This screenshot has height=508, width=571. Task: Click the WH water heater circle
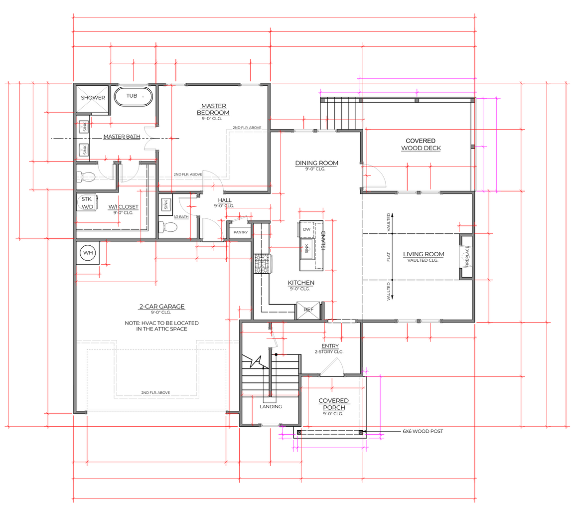88,253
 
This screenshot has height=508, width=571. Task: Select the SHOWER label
93,98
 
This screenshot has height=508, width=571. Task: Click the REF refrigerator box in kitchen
308,310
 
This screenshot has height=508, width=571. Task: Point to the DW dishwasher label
306,229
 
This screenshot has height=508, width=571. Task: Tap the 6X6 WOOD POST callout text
423,431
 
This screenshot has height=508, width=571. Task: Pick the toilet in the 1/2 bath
169,227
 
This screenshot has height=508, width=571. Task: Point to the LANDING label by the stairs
271,406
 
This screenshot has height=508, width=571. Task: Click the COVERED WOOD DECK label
421,145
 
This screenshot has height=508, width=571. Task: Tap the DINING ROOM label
316,163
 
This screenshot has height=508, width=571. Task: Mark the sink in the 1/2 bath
165,204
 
